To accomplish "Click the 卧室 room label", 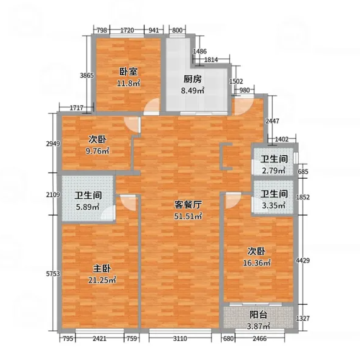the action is pyautogui.click(x=128, y=72).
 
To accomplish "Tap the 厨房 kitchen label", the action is pyautogui.click(x=193, y=79).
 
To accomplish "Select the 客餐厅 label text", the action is pyautogui.click(x=188, y=204).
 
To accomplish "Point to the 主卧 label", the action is pyautogui.click(x=102, y=268).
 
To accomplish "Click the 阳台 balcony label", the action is pyautogui.click(x=258, y=315).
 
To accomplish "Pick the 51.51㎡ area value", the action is pyautogui.click(x=188, y=216).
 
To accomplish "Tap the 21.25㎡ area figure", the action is pyautogui.click(x=102, y=280).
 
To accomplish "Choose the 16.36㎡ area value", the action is pyautogui.click(x=257, y=263).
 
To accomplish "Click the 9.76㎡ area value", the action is pyautogui.click(x=97, y=151).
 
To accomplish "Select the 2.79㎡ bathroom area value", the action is pyautogui.click(x=274, y=171).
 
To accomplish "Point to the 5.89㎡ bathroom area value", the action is pyautogui.click(x=88, y=207).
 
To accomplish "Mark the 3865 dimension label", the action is pyautogui.click(x=87, y=75).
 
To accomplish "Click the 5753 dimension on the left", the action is pyautogui.click(x=53, y=274).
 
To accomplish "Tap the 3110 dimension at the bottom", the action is pyautogui.click(x=180, y=339).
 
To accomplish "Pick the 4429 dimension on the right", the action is pyautogui.click(x=303, y=261).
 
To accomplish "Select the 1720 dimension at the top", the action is pyautogui.click(x=127, y=30).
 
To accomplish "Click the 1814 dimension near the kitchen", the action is pyautogui.click(x=211, y=60).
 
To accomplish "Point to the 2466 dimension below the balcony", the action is pyautogui.click(x=259, y=339).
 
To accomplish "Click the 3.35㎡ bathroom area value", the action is pyautogui.click(x=274, y=205).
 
